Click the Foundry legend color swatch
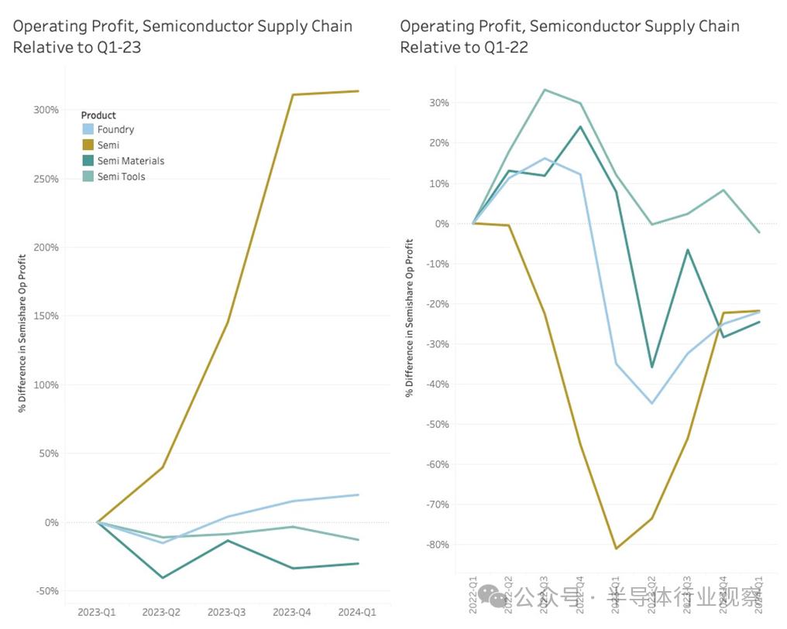[88, 130]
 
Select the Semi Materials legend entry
[130, 161]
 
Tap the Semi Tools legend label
[121, 176]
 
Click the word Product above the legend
[98, 115]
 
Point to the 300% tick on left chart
[46, 110]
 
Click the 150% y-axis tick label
[46, 316]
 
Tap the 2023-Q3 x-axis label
[226, 612]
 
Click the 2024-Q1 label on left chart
[357, 612]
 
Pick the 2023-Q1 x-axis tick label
[97, 612]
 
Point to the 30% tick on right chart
[440, 103]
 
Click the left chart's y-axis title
[23, 333]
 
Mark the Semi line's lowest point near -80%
[616, 549]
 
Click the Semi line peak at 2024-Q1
[358, 91]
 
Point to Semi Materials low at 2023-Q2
[163, 577]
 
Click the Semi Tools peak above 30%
[545, 90]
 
